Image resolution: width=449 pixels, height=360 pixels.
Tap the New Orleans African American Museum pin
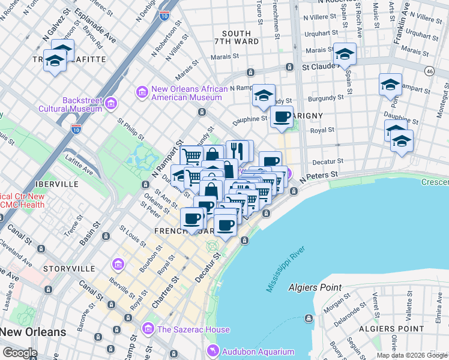coord(142,92)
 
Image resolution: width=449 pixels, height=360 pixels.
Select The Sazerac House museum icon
coord(148,329)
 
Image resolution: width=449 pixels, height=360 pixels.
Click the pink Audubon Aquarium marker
coord(211,351)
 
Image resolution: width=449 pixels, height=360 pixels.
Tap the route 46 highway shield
coord(429,71)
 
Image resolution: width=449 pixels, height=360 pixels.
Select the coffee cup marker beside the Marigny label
coord(282,117)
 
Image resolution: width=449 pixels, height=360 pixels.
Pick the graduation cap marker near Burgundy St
coord(263,95)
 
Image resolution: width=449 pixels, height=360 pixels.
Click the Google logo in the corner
coord(20,353)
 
